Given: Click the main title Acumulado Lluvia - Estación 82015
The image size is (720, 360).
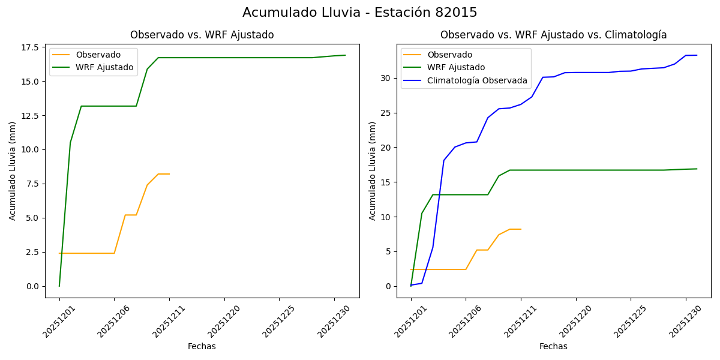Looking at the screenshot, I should (x=360, y=13).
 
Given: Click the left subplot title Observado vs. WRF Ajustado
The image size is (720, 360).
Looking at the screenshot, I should (x=202, y=35).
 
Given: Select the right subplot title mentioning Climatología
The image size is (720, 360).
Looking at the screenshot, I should (x=553, y=35).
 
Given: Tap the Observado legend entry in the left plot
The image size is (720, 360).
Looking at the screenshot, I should (x=98, y=55).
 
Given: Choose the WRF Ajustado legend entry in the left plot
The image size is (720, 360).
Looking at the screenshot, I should (x=104, y=67).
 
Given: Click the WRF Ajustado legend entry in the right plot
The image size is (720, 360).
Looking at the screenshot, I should (x=456, y=67).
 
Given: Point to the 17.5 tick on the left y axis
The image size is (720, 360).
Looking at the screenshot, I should (x=30, y=47).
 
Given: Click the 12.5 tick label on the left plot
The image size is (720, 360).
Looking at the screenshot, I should (x=30, y=116).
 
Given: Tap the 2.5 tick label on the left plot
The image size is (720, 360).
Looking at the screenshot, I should (x=32, y=252).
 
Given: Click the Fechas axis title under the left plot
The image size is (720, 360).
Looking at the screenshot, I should (x=202, y=346).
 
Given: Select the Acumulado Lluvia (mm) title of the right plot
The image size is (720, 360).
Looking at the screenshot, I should (x=373, y=170).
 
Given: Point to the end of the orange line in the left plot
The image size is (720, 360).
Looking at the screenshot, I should (x=169, y=174).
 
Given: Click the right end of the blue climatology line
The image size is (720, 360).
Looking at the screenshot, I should (x=697, y=55).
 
